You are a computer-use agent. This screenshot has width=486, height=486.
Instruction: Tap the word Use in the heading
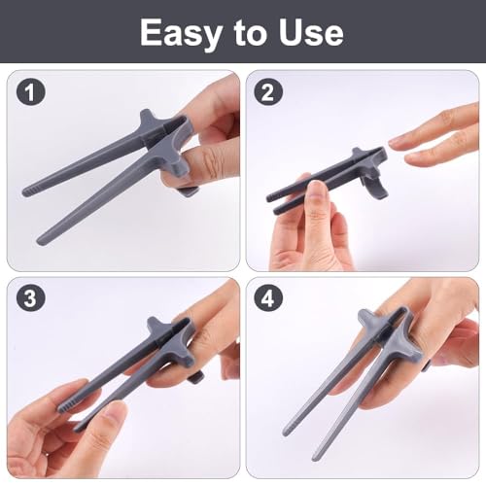(311, 32)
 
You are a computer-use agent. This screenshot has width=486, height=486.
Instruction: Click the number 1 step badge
(30, 92)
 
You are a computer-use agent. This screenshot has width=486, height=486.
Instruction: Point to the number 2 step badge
(268, 92)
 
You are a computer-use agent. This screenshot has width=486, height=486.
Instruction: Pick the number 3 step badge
(30, 298)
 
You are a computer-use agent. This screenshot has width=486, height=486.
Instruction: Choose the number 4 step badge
(268, 298)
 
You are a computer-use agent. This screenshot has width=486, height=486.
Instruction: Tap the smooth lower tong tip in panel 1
(42, 240)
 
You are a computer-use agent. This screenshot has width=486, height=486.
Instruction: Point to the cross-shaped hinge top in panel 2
(359, 153)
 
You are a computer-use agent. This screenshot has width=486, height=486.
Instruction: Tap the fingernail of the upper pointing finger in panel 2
(397, 143)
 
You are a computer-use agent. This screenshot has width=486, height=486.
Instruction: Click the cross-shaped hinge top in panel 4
(367, 319)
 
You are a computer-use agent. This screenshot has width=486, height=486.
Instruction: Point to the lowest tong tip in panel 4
(316, 458)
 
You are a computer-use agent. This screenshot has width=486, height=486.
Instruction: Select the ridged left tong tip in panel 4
(288, 430)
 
